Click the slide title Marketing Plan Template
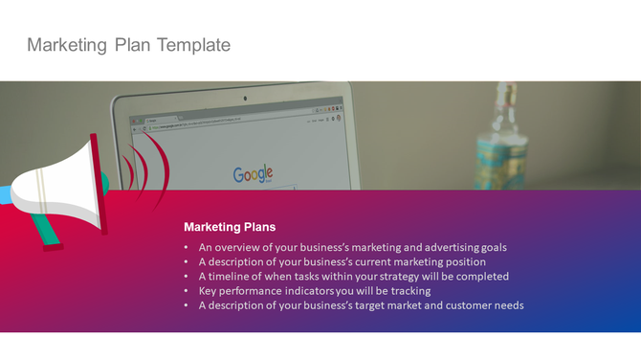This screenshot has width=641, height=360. pyautogui.click(x=128, y=45)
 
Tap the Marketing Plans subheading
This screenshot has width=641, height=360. pyautogui.click(x=230, y=227)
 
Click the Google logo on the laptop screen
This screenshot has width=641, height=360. pyautogui.click(x=254, y=173)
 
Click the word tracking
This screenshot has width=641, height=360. pyautogui.click(x=409, y=290)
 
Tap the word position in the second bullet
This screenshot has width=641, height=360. pyautogui.click(x=462, y=261)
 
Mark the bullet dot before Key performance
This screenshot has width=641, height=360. pyautogui.click(x=188, y=290)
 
